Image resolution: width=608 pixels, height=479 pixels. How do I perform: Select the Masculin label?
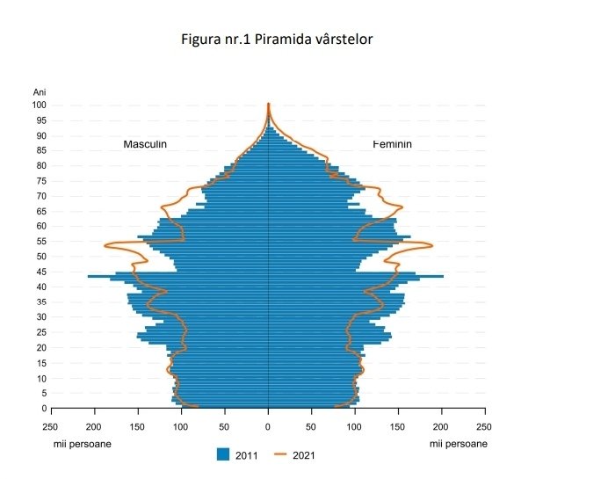(x=145, y=144)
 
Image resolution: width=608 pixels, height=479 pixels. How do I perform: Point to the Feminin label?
(x=392, y=144)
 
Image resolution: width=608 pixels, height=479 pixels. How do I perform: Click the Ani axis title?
(x=40, y=92)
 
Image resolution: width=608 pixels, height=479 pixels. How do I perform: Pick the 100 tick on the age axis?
(x=40, y=105)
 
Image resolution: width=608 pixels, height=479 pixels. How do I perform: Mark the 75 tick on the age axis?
(x=40, y=181)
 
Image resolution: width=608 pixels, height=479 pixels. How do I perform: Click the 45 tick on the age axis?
(x=40, y=272)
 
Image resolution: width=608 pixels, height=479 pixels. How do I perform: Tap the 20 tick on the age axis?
(x=40, y=347)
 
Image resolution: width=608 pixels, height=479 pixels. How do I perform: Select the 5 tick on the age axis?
(x=42, y=393)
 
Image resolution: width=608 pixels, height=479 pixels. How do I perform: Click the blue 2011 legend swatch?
(x=223, y=454)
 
